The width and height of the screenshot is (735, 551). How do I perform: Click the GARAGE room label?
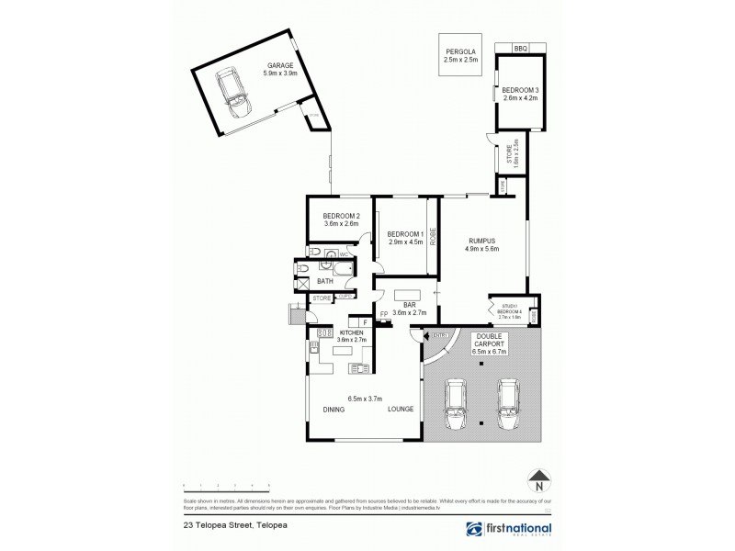click(280, 66)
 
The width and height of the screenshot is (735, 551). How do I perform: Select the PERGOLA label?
click(456, 52)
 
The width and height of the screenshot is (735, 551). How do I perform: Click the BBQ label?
click(520, 47)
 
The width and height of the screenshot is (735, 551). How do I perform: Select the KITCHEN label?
click(354, 332)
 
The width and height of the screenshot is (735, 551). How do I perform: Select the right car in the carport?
click(507, 404)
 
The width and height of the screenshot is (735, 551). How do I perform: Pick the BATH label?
click(324, 281)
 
